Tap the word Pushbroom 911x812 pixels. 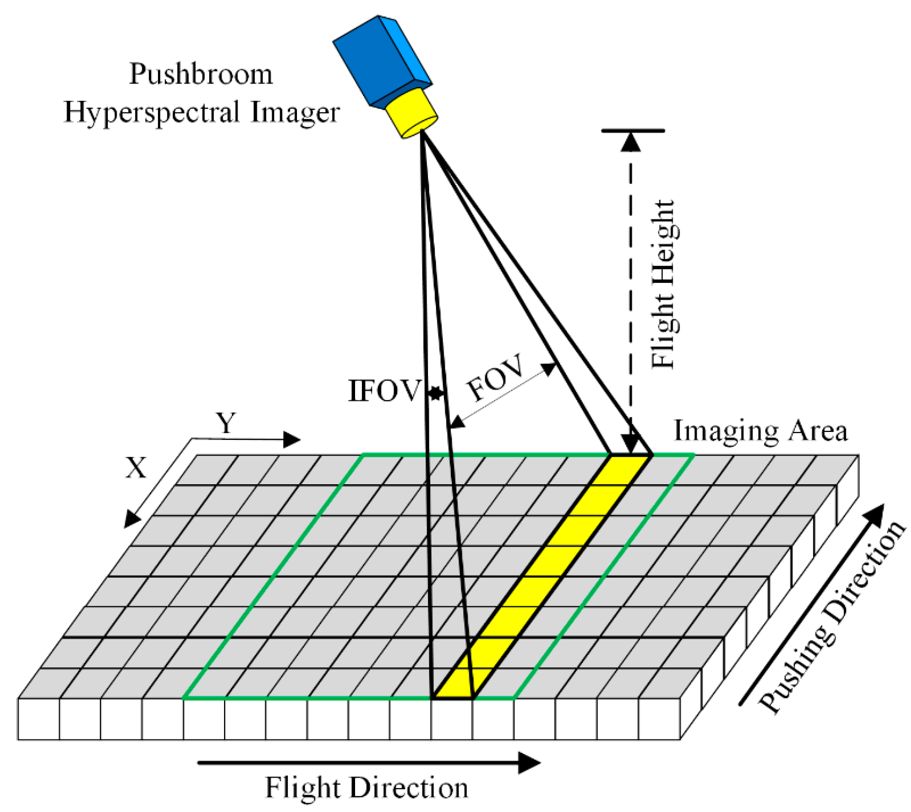pyautogui.click(x=201, y=74)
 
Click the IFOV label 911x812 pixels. pyautogui.click(x=384, y=392)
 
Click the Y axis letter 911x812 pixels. pyautogui.click(x=226, y=423)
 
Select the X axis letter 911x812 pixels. pyautogui.click(x=136, y=468)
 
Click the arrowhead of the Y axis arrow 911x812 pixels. pyautogui.click(x=292, y=439)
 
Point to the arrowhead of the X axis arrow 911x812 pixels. pyautogui.click(x=131, y=519)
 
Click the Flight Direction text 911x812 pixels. pyautogui.click(x=366, y=788)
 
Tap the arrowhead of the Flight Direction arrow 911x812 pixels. pyautogui.click(x=529, y=763)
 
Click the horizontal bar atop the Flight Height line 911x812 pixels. pyautogui.click(x=633, y=130)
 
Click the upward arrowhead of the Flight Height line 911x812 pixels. pyautogui.click(x=630, y=142)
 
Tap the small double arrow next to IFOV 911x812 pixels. pyautogui.click(x=435, y=393)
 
